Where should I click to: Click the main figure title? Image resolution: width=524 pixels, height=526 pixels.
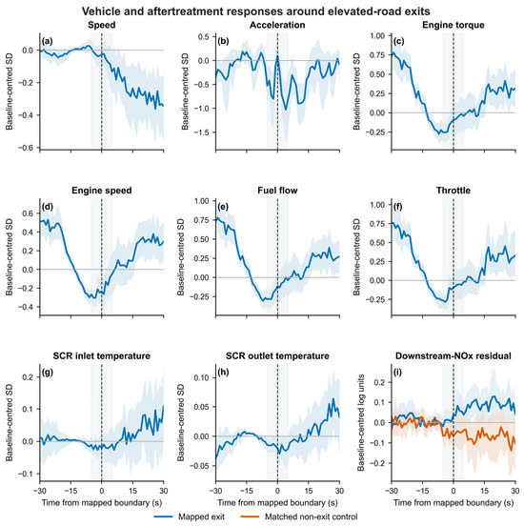(256, 11)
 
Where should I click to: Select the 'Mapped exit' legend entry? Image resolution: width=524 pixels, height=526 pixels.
(190, 516)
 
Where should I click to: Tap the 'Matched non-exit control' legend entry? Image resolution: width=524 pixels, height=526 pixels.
(299, 516)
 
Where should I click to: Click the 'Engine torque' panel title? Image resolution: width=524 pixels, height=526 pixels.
(453, 25)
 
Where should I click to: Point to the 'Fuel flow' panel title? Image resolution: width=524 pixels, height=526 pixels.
(277, 191)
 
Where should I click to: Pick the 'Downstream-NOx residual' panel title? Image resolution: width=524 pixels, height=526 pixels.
(453, 356)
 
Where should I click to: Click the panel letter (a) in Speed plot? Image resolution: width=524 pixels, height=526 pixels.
(48, 41)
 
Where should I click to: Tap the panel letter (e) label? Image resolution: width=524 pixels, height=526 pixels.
(223, 207)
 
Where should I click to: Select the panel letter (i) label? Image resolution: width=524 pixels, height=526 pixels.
(398, 372)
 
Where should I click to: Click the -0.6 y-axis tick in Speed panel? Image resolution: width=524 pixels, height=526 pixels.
(28, 148)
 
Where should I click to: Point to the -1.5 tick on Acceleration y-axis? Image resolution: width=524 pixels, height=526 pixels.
(202, 132)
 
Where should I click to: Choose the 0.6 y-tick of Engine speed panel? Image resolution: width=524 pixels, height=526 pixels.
(28, 213)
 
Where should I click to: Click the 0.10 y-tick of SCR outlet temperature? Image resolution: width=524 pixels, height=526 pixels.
(202, 377)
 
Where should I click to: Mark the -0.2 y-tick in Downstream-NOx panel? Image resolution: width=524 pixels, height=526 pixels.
(379, 463)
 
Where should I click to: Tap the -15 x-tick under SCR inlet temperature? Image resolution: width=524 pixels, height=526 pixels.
(71, 491)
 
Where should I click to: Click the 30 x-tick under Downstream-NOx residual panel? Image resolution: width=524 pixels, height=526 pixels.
(514, 491)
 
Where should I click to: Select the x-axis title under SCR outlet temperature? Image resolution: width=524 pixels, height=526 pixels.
(277, 502)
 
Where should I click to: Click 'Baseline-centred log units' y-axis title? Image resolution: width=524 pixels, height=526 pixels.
(361, 423)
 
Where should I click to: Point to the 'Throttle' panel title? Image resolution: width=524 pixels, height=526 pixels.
(453, 191)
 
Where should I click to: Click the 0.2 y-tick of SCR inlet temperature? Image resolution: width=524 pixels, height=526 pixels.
(28, 377)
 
